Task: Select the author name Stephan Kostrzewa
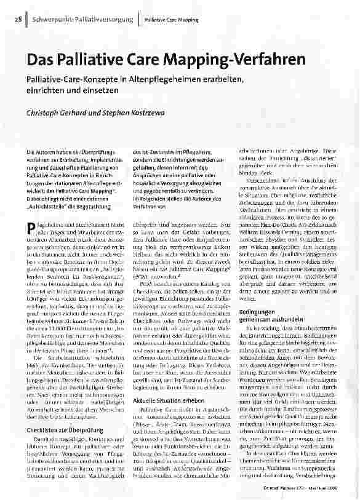point(142,114)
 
